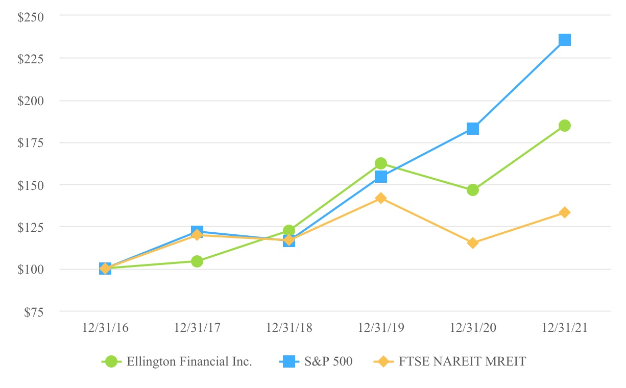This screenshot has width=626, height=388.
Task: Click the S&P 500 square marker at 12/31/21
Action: (564, 40)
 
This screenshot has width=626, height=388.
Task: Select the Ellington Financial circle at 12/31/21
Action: (564, 126)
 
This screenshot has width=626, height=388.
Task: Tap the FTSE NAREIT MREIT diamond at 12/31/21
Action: (564, 212)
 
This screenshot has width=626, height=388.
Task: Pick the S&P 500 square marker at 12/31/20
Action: (472, 129)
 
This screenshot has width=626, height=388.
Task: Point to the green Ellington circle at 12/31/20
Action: (472, 190)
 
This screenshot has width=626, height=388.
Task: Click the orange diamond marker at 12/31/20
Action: (472, 243)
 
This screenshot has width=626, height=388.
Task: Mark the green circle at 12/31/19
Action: (380, 163)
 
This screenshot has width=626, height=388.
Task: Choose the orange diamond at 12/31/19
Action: (380, 198)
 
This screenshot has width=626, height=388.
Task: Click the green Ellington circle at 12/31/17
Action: (197, 261)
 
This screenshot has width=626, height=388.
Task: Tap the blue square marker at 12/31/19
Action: (380, 177)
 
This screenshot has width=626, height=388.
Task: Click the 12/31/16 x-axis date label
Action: (105, 328)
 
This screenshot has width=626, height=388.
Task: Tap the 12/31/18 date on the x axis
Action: (289, 328)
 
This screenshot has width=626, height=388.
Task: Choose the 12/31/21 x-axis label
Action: (564, 328)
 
